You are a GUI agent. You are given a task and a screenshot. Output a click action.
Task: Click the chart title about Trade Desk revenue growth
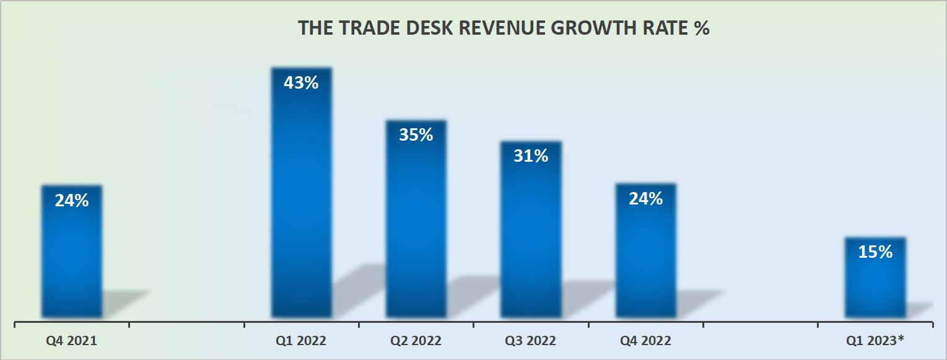tap(503, 29)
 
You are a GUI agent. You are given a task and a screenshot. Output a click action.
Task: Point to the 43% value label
tap(301, 82)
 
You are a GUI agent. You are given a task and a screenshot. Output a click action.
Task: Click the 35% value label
tap(416, 134)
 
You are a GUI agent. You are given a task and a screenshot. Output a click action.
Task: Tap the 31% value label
tap(531, 156)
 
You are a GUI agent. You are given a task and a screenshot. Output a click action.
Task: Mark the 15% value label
tap(875, 252)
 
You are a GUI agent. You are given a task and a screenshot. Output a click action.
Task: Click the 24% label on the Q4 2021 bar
tap(72, 200)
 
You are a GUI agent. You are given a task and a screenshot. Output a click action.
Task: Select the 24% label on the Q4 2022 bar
tap(645, 198)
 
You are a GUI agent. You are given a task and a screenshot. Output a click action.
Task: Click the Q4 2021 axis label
tap(72, 341)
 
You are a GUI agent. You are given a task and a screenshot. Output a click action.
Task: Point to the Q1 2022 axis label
tap(301, 341)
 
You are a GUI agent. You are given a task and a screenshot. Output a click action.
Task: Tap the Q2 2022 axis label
tap(416, 341)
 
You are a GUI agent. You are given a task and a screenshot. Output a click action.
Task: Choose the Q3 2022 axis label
tap(531, 341)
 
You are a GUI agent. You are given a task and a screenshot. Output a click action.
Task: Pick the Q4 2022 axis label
tap(645, 341)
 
